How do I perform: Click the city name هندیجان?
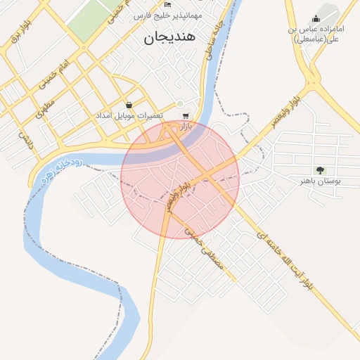pyautogui.click(x=172, y=37)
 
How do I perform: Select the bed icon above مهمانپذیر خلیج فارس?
pyautogui.click(x=167, y=4)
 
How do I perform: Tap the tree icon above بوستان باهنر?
pyautogui.click(x=320, y=170)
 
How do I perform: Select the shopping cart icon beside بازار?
pyautogui.click(x=185, y=116)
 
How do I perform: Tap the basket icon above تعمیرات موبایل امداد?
pyautogui.click(x=129, y=105)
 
